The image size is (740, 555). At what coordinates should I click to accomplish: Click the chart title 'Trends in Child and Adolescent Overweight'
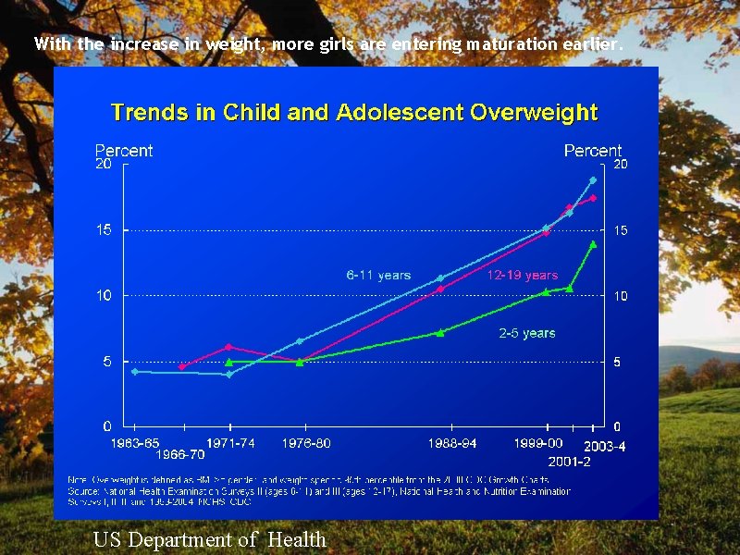point(354,113)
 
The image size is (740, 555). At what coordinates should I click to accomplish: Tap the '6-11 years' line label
point(378,275)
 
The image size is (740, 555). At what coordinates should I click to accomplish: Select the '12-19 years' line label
point(522,275)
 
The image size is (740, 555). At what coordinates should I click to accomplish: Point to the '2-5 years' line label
point(527,333)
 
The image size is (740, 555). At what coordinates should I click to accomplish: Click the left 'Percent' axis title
point(124,150)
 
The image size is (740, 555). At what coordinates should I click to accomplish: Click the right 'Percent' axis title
point(592,150)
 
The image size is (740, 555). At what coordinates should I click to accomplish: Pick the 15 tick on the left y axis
point(104,229)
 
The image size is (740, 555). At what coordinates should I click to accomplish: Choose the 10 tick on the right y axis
point(621,296)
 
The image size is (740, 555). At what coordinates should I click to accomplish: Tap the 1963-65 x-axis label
point(135,443)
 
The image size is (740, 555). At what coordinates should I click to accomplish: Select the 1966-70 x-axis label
point(180,455)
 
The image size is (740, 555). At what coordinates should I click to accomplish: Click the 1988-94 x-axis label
point(452,443)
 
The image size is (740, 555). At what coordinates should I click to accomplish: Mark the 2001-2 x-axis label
point(570,461)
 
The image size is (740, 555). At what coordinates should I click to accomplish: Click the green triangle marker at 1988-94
point(440,332)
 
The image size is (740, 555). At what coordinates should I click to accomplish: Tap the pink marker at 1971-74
point(228,347)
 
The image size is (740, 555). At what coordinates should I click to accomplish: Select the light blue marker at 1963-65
point(135,371)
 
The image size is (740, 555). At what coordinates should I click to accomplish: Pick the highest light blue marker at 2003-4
point(593,179)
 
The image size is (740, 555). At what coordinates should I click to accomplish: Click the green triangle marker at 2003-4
point(593,244)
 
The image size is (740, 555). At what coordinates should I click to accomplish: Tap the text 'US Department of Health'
point(210,539)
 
